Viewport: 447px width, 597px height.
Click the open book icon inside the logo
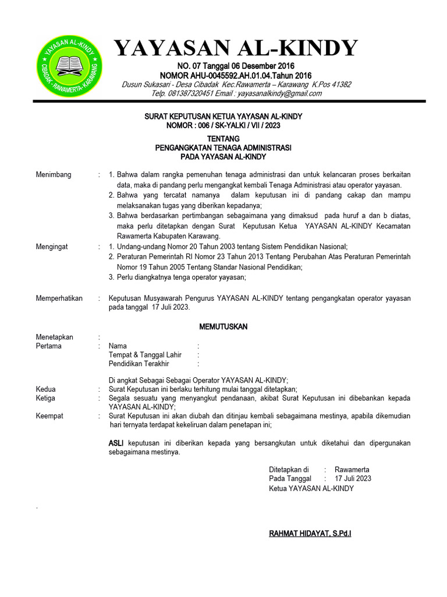tap(69, 64)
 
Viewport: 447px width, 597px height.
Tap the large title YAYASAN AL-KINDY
tap(236, 47)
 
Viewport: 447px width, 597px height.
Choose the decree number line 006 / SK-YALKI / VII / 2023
tap(223, 125)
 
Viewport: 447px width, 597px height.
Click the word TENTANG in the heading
tap(223, 140)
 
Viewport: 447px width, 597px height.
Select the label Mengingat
tap(52, 247)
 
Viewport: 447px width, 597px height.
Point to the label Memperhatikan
tap(59, 298)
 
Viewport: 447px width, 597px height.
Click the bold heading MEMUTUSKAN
tap(223, 326)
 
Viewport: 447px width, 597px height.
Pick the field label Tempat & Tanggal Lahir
tap(145, 354)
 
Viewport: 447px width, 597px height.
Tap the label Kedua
tap(46, 389)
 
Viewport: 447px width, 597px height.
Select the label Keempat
tap(49, 416)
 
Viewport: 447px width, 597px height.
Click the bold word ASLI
tap(116, 443)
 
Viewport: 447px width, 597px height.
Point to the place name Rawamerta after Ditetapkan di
tap(352, 469)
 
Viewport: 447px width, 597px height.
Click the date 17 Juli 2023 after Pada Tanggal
tap(353, 479)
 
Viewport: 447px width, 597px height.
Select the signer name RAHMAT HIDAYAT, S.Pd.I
tap(310, 533)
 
